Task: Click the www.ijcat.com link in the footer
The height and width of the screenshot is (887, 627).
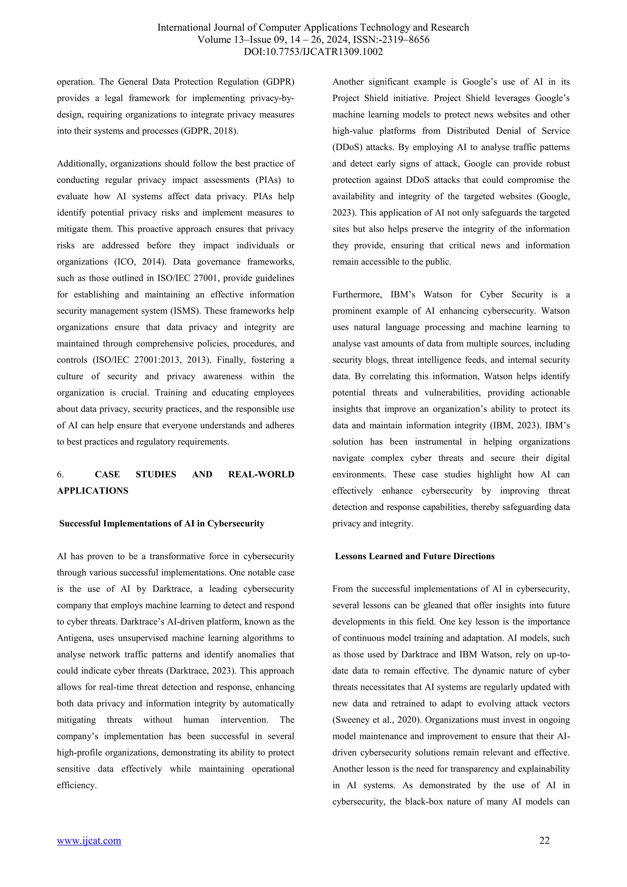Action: point(89,841)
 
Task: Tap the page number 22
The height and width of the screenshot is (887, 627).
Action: point(544,841)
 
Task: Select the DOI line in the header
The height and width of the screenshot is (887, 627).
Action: point(313,52)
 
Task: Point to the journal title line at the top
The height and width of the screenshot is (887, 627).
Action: point(313,28)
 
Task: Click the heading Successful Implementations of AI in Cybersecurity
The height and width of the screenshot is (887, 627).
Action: point(162,523)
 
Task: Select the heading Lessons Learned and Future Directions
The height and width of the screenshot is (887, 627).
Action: point(414,556)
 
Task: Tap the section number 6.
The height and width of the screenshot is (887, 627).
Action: point(60,474)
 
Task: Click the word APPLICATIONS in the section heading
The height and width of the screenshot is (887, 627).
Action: point(93,491)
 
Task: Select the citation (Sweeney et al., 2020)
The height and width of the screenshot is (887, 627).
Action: point(377,720)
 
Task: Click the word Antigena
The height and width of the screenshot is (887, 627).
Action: point(73,638)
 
